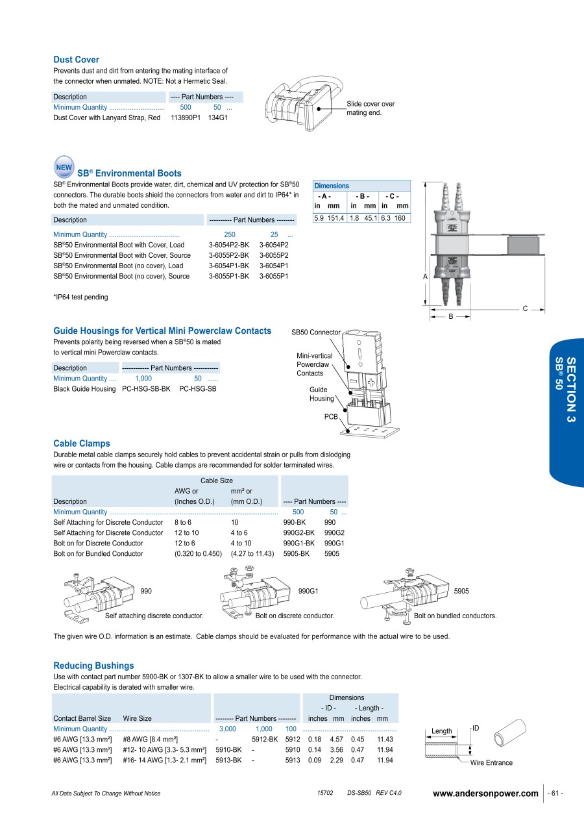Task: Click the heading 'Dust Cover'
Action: click(x=76, y=60)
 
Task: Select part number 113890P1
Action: click(x=186, y=118)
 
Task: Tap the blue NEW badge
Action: click(x=64, y=167)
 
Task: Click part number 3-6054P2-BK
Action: click(x=228, y=245)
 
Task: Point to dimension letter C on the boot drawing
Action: click(x=525, y=308)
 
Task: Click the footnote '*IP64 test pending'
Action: click(x=80, y=297)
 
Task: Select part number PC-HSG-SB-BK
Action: click(x=146, y=389)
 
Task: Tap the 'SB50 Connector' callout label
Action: click(x=315, y=332)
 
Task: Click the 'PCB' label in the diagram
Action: click(x=331, y=417)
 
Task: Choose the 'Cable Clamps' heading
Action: click(x=81, y=444)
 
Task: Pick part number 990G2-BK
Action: click(x=298, y=533)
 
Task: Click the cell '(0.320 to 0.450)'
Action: click(x=198, y=554)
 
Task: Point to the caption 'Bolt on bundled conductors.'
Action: click(x=455, y=616)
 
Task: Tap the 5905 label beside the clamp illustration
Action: click(x=461, y=591)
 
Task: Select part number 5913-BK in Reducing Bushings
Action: click(x=228, y=760)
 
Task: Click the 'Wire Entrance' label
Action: click(x=491, y=763)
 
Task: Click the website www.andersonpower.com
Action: click(x=485, y=794)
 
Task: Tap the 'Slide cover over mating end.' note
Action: click(x=371, y=108)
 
